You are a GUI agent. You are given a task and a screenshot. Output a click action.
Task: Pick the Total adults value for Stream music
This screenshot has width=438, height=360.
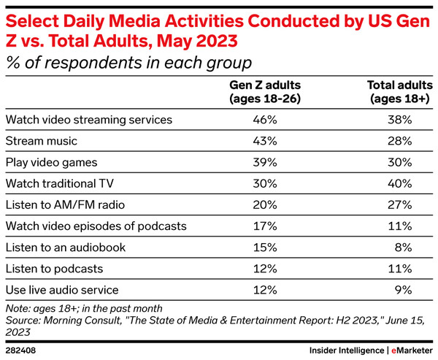pos(403,139)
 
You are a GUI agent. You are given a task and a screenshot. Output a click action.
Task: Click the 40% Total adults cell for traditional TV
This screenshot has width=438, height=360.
pos(403,183)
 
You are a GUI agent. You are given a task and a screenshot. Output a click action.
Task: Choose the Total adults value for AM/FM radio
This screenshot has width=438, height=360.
pos(403,204)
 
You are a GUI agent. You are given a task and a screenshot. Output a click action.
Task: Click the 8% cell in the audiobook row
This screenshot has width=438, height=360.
pos(406,247)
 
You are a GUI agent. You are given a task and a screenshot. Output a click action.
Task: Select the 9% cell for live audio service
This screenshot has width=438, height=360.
pos(406,290)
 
